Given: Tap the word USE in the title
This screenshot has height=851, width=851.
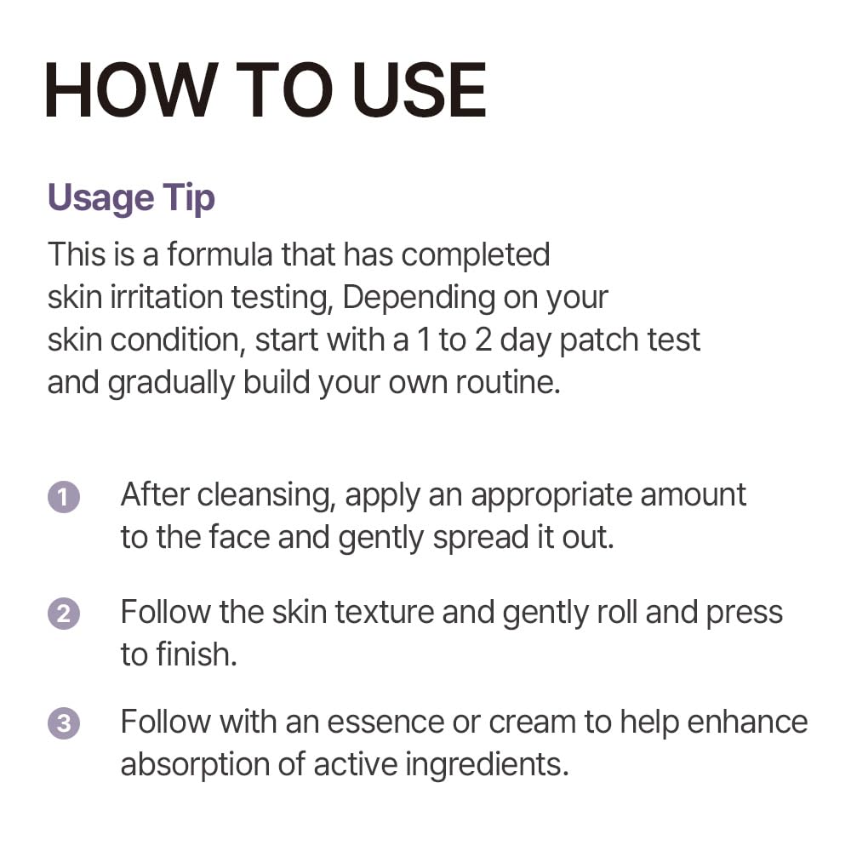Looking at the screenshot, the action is (419, 89).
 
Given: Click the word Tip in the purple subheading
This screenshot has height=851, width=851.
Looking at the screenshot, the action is (190, 198).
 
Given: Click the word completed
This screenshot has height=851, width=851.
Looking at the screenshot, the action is (476, 255).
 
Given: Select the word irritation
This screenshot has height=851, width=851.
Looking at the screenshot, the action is (167, 297).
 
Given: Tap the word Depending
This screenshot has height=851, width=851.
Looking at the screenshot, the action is (419, 299).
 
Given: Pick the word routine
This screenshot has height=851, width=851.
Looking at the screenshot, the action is (507, 383).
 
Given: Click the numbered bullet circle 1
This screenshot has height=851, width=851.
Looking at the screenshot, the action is (64, 497).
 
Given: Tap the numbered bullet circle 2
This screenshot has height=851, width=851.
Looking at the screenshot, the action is (64, 614).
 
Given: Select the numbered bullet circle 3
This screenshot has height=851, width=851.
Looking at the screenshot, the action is (64, 723).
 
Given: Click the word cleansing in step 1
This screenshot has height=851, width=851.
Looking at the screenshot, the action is (266, 496).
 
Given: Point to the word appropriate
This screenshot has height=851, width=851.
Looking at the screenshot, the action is (552, 496).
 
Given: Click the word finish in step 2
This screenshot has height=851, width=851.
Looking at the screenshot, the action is (197, 654).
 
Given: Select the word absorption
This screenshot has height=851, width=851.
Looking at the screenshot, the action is (195, 765).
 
